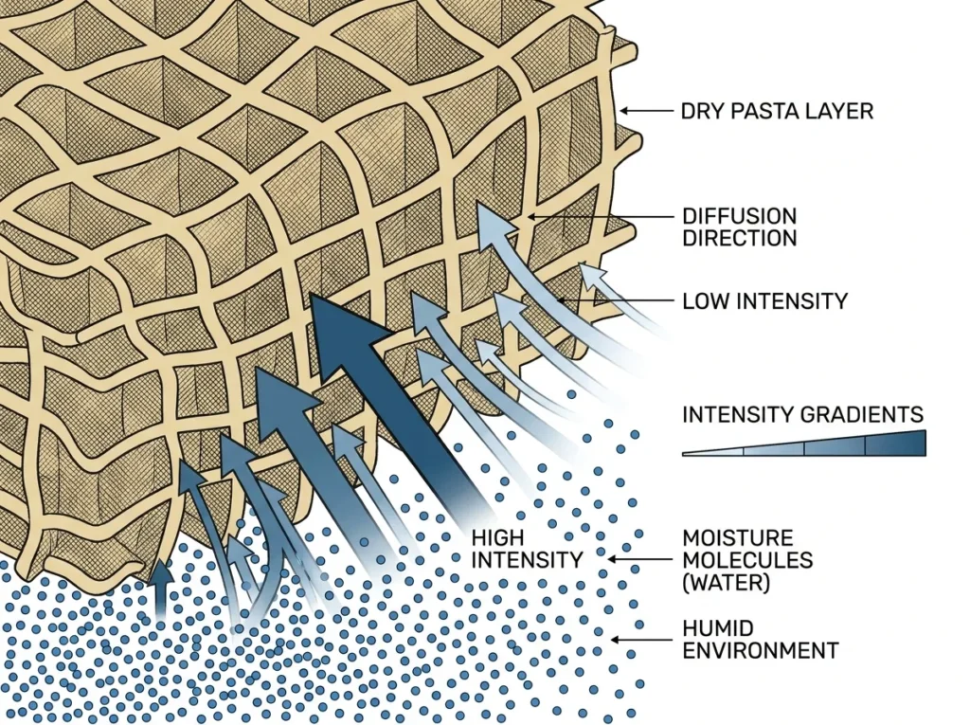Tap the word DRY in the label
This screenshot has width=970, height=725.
point(704,112)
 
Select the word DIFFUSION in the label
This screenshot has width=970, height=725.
point(740,217)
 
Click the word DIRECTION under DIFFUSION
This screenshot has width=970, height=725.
point(740,239)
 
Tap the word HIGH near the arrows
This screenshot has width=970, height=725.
point(498,537)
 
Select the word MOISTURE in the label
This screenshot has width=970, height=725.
point(738,537)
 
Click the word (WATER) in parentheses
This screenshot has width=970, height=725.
point(727,583)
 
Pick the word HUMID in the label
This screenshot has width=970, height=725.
point(718,629)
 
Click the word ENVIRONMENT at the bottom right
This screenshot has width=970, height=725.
point(761,651)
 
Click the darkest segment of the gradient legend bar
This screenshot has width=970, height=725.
point(895,444)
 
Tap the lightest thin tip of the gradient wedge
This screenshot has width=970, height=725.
point(684,454)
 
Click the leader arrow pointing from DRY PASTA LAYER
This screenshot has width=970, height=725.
point(646,111)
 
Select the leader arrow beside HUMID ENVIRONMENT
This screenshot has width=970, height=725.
point(641,640)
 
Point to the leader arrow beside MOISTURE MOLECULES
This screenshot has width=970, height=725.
point(640,559)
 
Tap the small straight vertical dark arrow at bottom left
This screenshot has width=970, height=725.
point(161,589)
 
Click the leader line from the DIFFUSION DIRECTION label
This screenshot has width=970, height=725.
point(600,217)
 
